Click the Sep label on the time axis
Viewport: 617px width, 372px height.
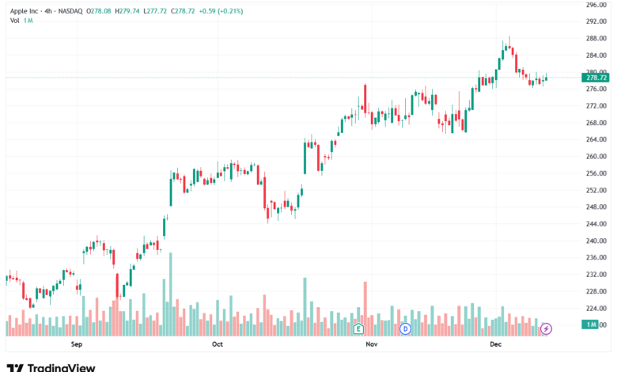click(x=77, y=344)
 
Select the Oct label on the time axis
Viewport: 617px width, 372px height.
click(x=218, y=344)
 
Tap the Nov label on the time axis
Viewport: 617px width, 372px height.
click(x=372, y=344)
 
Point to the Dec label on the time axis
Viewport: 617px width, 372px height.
click(x=495, y=344)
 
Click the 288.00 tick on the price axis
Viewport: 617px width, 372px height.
click(x=596, y=39)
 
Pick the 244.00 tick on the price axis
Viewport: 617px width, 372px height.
click(x=596, y=224)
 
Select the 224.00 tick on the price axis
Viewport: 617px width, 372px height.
click(x=596, y=308)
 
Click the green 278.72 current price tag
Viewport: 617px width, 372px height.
click(x=596, y=78)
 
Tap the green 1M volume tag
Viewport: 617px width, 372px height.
click(x=590, y=325)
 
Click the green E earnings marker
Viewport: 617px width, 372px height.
click(x=358, y=328)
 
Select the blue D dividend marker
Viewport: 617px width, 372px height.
click(x=405, y=328)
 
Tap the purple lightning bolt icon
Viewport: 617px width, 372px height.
click(x=546, y=328)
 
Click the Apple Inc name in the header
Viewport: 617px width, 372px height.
click(x=24, y=11)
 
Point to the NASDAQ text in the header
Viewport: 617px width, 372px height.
click(x=70, y=11)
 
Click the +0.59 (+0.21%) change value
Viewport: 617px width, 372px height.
click(x=221, y=11)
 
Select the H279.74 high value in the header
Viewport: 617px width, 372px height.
click(x=127, y=11)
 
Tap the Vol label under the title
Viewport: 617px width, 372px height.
click(x=14, y=21)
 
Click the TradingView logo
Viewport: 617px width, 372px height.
click(x=51, y=368)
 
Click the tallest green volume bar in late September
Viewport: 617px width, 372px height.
click(x=170, y=294)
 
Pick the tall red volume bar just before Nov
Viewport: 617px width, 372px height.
click(x=365, y=309)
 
